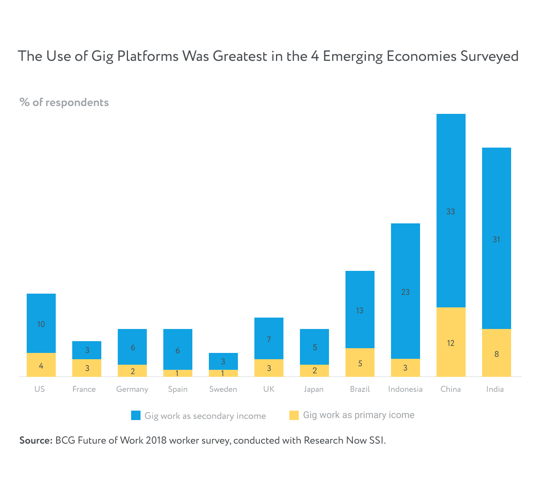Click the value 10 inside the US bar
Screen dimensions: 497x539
(x=41, y=324)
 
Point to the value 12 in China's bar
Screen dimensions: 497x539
(x=451, y=343)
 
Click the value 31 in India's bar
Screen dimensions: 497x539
(x=496, y=239)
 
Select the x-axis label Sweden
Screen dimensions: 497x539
(x=223, y=389)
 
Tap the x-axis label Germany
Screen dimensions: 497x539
(x=132, y=389)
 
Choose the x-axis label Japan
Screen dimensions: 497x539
(x=314, y=389)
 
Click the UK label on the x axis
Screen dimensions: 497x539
(x=269, y=389)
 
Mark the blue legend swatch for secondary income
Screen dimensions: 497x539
(x=136, y=415)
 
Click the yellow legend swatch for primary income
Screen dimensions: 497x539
(x=294, y=415)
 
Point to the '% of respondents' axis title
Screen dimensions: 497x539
(x=64, y=102)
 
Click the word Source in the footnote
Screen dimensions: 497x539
(x=35, y=440)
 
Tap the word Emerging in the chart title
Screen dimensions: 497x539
(x=352, y=56)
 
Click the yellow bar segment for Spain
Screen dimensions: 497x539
(x=178, y=373)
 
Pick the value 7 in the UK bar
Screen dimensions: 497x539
(x=269, y=340)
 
